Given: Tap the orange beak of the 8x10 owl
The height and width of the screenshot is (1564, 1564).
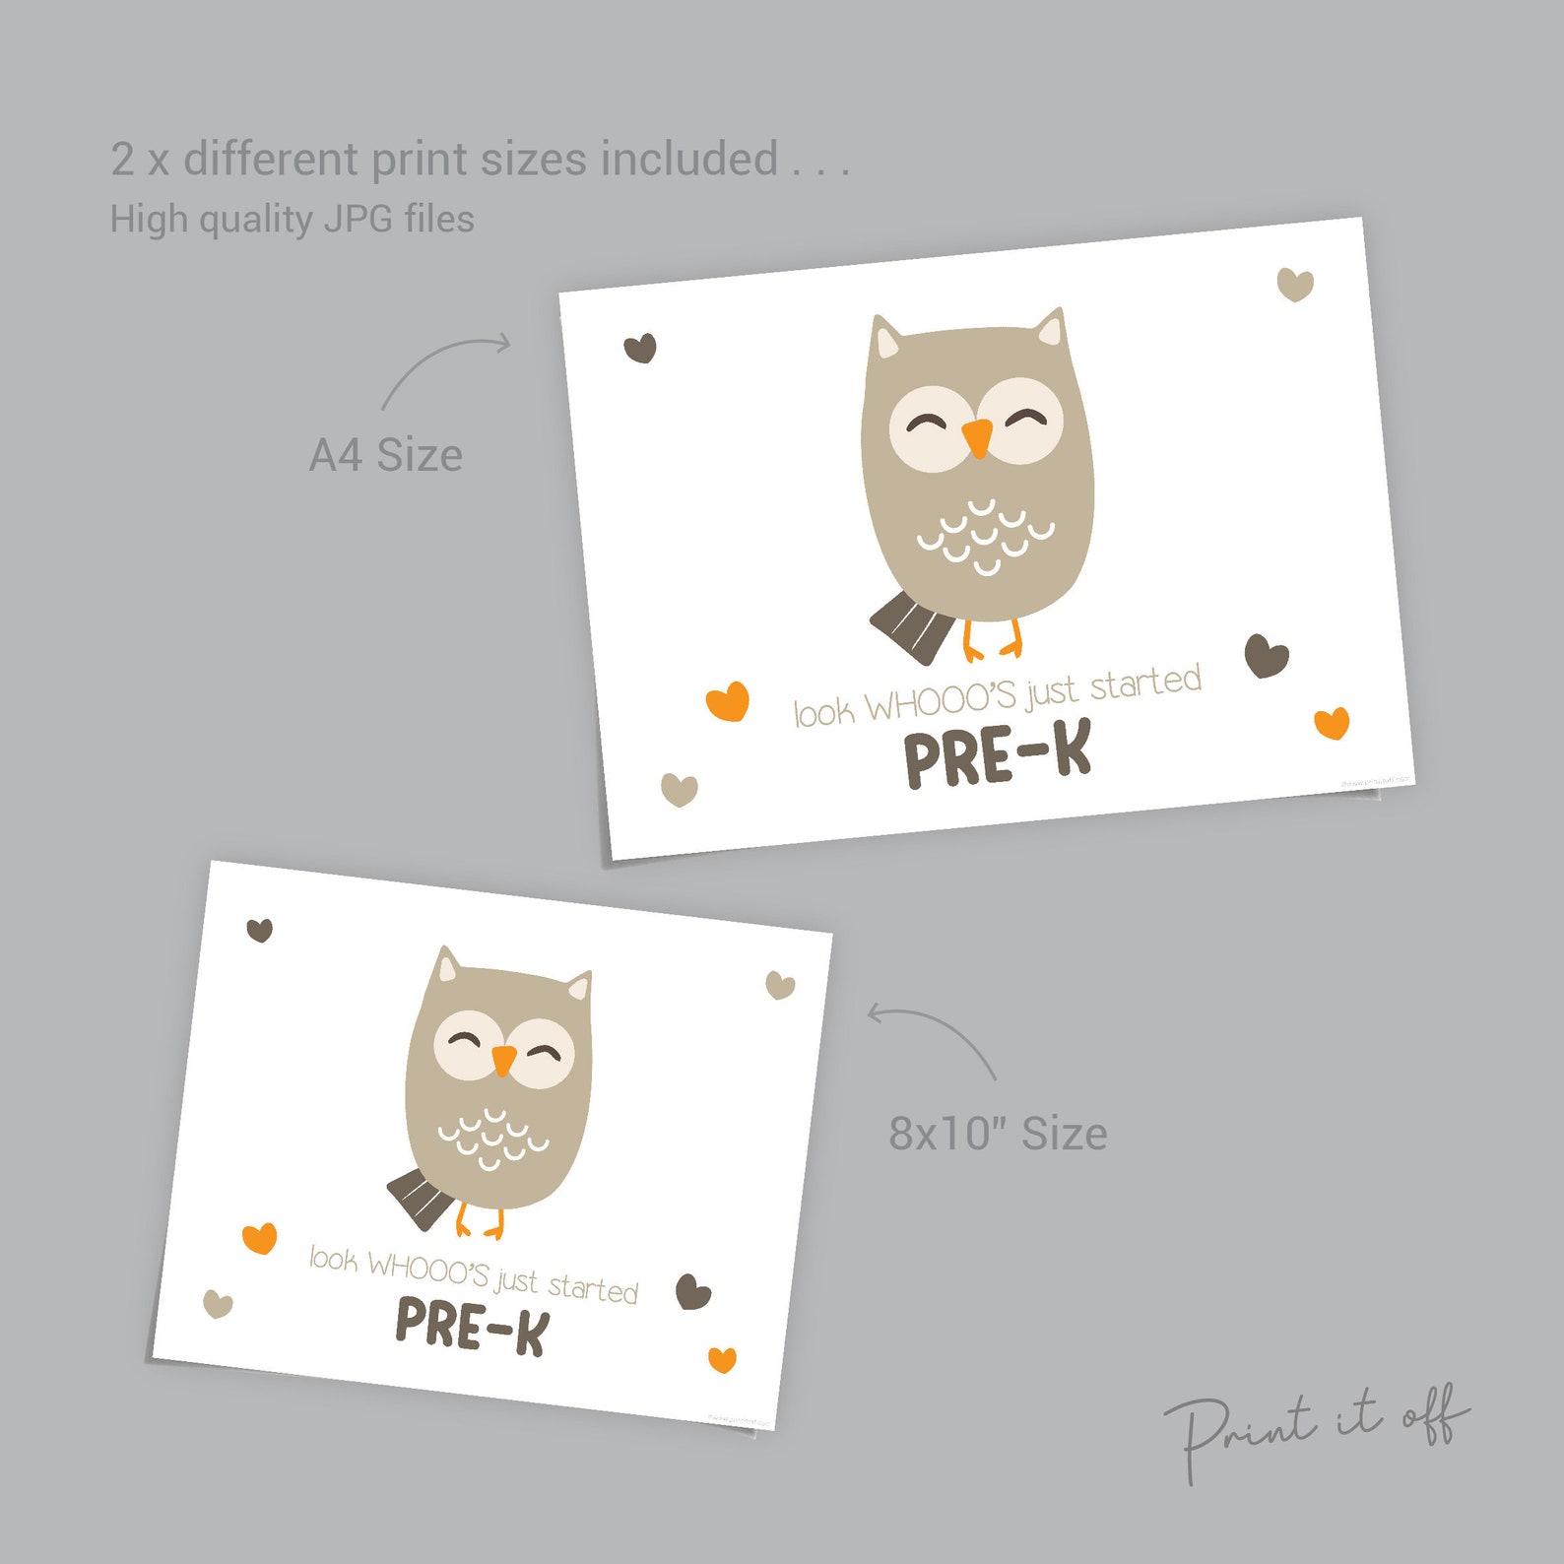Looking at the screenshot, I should pyautogui.click(x=503, y=1061).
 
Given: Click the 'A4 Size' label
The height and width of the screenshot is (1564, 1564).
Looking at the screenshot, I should pyautogui.click(x=385, y=455).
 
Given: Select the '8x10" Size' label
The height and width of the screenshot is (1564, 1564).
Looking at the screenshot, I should pyautogui.click(x=998, y=1134).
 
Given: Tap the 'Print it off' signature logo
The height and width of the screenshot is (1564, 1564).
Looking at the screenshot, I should pyautogui.click(x=1316, y=1428).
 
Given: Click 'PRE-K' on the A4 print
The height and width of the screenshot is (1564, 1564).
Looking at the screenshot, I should pyautogui.click(x=998, y=756).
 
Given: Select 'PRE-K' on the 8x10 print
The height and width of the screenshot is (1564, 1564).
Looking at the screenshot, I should pyautogui.click(x=471, y=1326).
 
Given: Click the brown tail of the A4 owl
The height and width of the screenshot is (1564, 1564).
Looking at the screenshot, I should pyautogui.click(x=911, y=627).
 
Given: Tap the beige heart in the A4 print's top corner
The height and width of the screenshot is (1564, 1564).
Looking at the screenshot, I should pyautogui.click(x=1295, y=285).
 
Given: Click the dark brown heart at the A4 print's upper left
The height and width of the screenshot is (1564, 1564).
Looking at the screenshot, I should pyautogui.click(x=640, y=348).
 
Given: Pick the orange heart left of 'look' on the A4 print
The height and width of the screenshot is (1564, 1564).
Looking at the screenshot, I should pyautogui.click(x=728, y=702).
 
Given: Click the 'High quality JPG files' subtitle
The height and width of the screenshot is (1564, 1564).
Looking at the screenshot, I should pyautogui.click(x=292, y=219).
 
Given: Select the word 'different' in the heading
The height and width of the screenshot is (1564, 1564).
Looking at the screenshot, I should pyautogui.click(x=271, y=160).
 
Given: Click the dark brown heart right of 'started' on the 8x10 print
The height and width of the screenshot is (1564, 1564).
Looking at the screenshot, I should pyautogui.click(x=693, y=1291).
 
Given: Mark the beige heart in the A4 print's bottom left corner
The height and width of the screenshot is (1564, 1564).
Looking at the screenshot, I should pyautogui.click(x=679, y=790).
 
